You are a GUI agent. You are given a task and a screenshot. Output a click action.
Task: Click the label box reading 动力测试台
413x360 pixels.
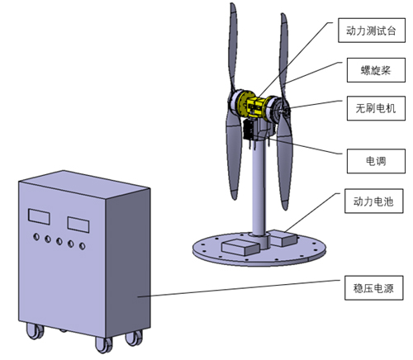coord(372,31)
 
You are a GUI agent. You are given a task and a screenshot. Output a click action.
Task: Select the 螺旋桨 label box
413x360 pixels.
coord(376,70)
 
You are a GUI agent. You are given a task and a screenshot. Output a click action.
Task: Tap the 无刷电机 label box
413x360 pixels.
coord(376,108)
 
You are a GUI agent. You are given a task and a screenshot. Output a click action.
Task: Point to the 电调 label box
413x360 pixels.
coord(376,161)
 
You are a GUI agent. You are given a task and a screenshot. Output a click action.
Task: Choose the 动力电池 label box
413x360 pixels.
coord(373,201)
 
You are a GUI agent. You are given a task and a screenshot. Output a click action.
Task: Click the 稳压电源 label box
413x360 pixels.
coord(373,287)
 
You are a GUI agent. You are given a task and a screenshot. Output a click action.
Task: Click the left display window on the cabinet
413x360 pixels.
coord(39,216)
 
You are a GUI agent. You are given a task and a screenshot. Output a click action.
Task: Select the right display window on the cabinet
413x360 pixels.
coord(78,225)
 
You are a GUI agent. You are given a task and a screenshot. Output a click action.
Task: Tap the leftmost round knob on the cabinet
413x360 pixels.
coord(36,236)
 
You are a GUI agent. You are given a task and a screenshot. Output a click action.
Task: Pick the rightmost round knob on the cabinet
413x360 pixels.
coord(82,246)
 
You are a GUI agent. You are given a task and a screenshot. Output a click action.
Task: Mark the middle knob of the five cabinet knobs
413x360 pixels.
coord(59,241)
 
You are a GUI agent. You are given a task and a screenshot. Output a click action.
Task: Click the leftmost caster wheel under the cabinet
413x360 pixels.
coord(35,331)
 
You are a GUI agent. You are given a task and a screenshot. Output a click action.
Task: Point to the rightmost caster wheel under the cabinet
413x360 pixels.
coord(134,338)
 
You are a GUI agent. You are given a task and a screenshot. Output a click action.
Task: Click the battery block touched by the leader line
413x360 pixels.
coord(282,238)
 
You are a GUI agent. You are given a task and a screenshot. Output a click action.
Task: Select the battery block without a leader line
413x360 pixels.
coord(240,247)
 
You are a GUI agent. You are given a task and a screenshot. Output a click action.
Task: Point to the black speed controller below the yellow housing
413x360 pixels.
coord(249,130)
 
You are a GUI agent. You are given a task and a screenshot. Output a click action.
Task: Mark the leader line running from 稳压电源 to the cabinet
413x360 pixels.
coord(239,288)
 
